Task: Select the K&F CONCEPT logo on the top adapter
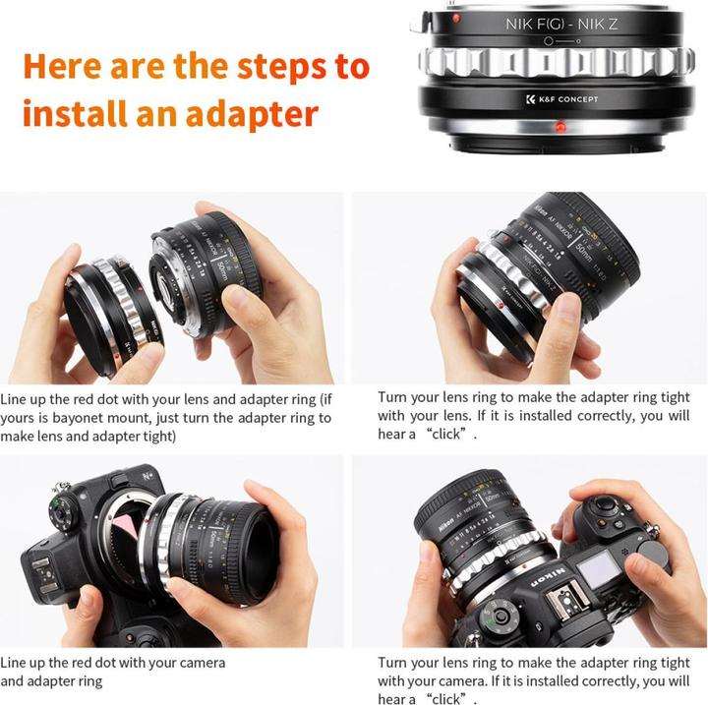pyautogui.click(x=561, y=99)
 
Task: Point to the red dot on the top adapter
pyautogui.click(x=560, y=126)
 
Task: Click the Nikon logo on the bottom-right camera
pyautogui.click(x=546, y=574)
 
